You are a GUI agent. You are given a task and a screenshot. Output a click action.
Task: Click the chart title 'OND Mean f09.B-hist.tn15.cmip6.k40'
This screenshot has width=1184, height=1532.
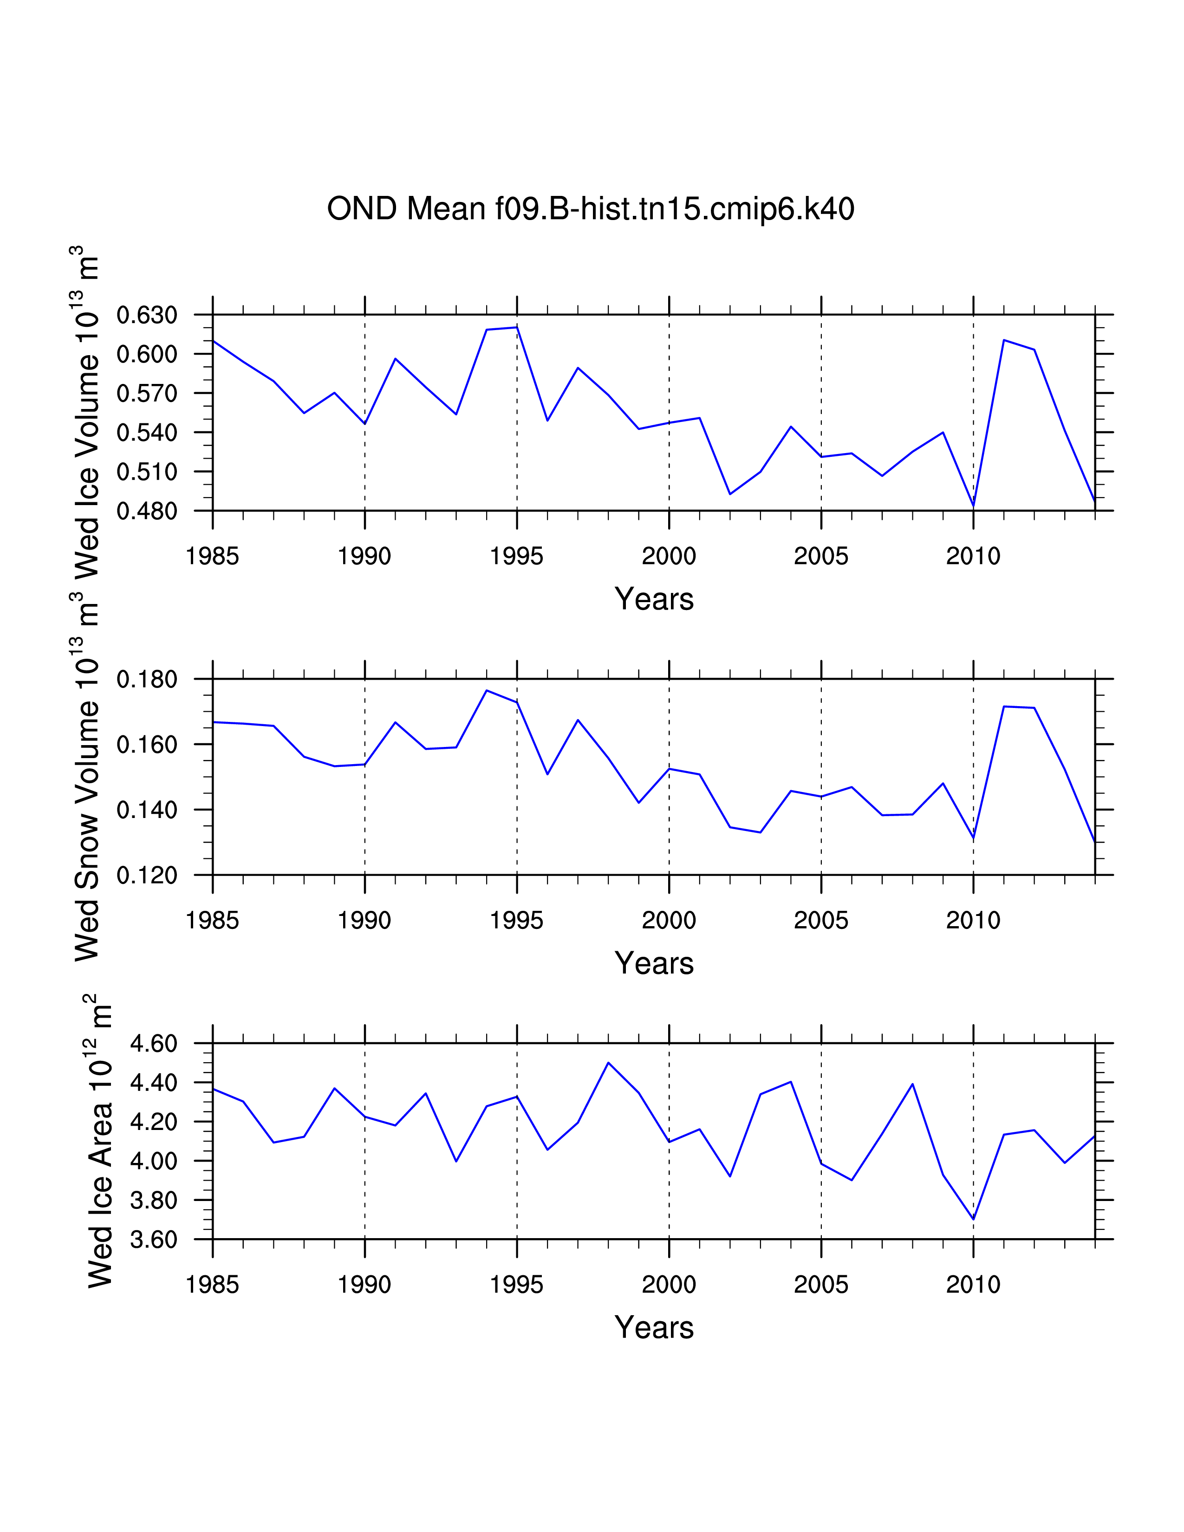591,209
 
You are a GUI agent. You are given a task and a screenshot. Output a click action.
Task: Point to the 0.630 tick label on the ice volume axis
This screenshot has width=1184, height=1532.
147,315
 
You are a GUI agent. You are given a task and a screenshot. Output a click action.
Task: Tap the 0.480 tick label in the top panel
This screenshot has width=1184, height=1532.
147,512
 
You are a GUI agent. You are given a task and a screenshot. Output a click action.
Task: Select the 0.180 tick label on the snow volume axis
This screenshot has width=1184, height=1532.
147,679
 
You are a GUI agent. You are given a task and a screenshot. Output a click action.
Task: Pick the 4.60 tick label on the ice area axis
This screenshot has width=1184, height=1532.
154,1043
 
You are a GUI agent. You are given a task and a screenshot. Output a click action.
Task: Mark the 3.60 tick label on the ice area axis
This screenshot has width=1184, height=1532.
154,1240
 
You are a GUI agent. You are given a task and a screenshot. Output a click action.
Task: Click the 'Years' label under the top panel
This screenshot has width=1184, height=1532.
654,599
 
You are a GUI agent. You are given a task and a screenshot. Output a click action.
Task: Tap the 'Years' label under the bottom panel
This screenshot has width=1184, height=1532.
654,1328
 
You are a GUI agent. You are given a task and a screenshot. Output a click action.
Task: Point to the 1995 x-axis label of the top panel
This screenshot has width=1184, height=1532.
517,556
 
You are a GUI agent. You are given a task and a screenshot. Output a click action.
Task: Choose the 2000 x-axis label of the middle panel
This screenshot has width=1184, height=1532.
669,920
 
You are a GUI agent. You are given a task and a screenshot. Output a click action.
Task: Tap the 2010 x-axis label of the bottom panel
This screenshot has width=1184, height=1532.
973,1285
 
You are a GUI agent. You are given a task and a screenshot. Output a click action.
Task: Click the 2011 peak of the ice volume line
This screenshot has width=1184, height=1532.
1004,340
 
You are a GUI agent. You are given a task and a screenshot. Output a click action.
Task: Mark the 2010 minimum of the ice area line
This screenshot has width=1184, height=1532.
973,1219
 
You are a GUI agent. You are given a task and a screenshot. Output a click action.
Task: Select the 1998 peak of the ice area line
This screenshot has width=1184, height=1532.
608,1063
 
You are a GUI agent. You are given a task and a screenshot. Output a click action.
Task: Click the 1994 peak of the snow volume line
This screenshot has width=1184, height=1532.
487,690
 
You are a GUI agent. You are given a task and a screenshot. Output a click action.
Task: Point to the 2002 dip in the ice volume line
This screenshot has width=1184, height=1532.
730,494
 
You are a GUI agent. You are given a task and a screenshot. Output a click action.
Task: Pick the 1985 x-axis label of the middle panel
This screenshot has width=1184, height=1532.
213,920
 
